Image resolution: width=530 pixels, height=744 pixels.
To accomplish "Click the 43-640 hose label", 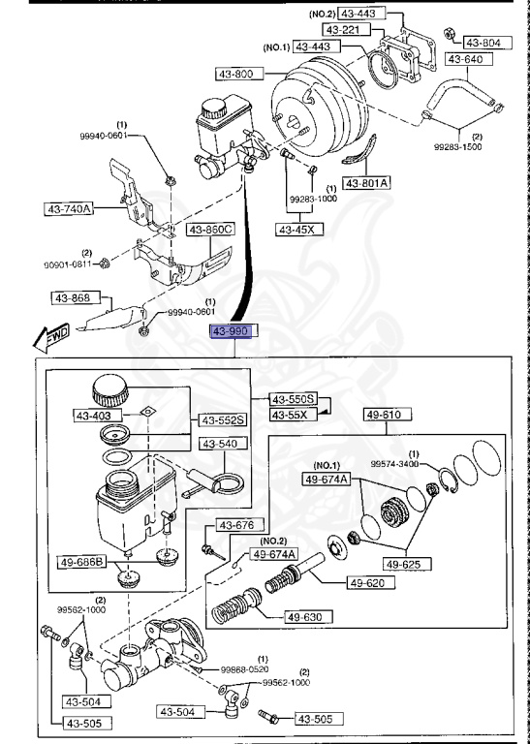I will click(464, 58).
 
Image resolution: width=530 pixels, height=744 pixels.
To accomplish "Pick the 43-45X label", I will click(298, 230).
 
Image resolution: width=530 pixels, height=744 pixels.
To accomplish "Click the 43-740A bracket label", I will click(68, 207).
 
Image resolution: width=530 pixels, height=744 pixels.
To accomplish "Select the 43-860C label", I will click(211, 230).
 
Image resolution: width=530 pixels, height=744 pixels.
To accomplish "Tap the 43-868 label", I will click(73, 297).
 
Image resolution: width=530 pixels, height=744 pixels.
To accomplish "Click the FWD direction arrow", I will click(48, 339).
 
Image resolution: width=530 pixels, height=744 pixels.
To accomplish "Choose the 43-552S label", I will click(223, 420).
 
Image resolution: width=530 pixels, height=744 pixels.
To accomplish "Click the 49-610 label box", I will click(385, 415).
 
